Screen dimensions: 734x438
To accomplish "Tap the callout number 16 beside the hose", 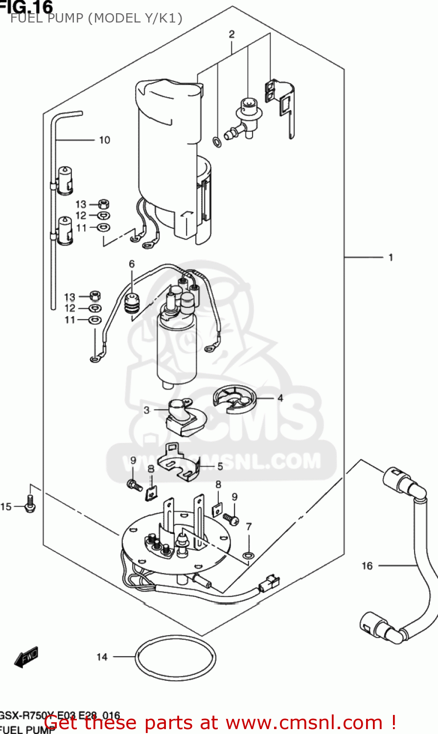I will coord(367,566).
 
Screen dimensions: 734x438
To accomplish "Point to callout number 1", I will coord(391,257).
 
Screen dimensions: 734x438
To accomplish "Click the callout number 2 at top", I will coord(231,34).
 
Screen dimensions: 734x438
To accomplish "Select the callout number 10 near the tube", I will coord(105,140).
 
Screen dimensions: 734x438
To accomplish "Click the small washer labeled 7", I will coord(248,555).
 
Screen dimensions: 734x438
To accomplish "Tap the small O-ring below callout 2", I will coord(216,142).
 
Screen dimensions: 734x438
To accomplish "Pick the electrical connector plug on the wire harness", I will coord(269,584).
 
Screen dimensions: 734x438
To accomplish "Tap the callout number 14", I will coord(102,657).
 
